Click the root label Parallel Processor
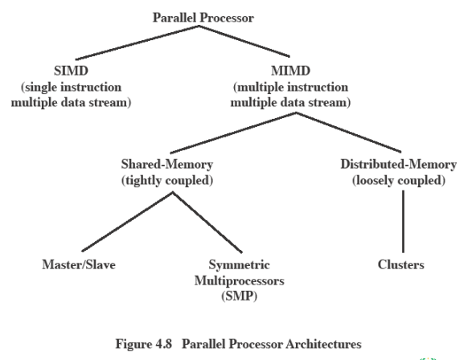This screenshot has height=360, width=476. tap(203, 18)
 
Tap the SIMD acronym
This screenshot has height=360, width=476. tap(71, 71)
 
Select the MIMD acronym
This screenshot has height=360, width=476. tap(290, 71)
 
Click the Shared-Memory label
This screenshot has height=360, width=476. tap(167, 164)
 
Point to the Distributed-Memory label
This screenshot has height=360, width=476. tap(399, 164)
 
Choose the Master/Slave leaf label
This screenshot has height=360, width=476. tap(79, 264)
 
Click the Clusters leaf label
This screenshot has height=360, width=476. tap(400, 264)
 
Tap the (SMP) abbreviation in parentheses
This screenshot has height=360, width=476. tap(240, 296)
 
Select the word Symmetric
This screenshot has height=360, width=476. tap(240, 264)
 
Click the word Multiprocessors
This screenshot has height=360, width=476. tap(240, 280)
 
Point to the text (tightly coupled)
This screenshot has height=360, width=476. tap(167, 180)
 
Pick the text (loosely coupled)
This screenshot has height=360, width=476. tap(399, 180)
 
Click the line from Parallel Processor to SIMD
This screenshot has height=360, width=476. tap(137, 43)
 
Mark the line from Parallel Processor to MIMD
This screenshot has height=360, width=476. tap(244, 41)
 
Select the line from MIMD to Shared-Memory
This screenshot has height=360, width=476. tap(233, 133)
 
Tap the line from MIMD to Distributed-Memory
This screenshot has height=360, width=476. tap(348, 133)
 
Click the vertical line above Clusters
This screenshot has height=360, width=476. tap(403, 222)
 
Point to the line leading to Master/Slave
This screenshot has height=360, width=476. tap(128, 222)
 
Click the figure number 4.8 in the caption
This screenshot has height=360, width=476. tap(164, 344)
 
